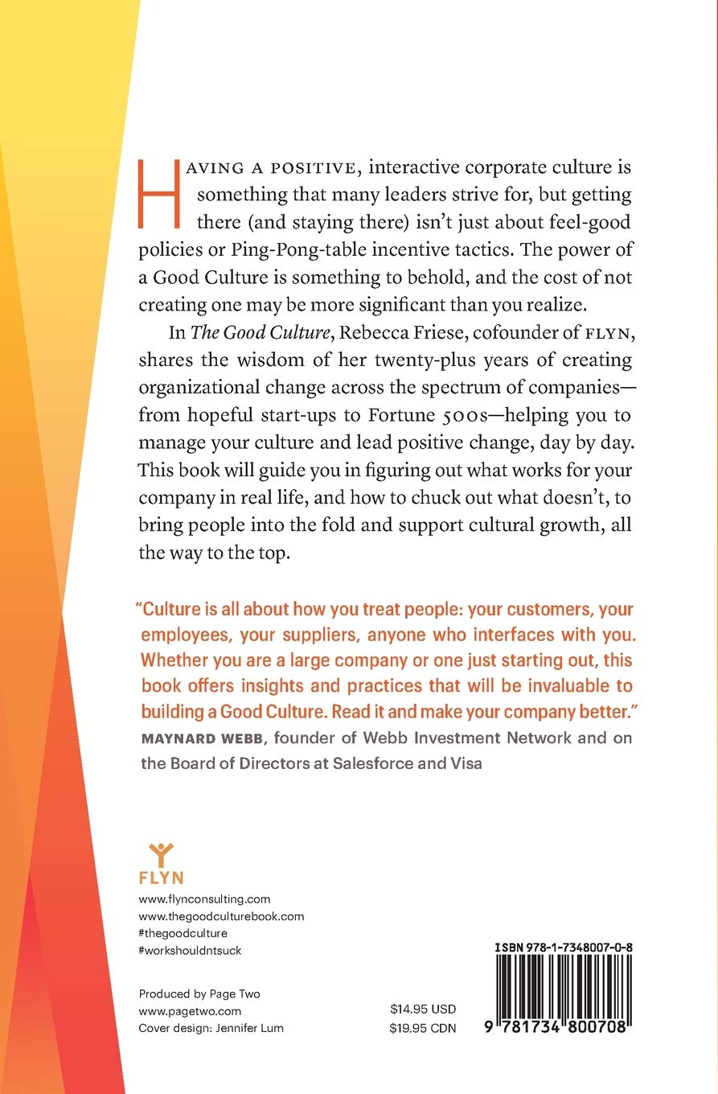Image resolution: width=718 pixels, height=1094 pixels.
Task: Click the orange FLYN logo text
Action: [161, 878]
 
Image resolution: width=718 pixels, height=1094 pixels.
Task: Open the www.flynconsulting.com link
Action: [204, 899]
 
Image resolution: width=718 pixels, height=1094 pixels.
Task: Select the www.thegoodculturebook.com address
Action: [221, 916]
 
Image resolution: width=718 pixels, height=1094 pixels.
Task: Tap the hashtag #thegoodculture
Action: [183, 933]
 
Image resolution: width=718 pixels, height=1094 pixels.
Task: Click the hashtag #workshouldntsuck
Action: [190, 950]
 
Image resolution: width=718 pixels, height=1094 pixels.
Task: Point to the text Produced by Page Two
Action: [199, 993]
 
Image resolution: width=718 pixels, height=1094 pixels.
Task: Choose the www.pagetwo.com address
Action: [190, 1010]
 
